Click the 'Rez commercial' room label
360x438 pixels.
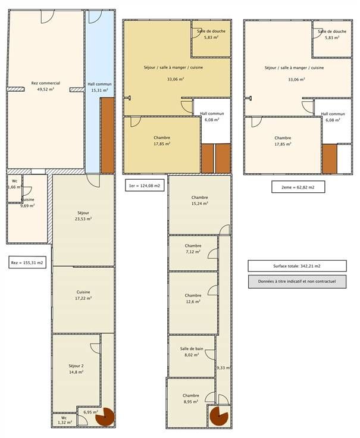point(46,83)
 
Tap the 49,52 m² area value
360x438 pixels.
point(46,89)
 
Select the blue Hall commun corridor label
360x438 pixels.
point(99,84)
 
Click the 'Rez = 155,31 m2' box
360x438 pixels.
point(27,262)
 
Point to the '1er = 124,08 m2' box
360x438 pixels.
point(145,186)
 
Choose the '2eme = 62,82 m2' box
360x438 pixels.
point(298,187)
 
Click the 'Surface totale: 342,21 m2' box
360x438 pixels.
point(297,266)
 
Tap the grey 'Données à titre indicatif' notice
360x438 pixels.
point(297,281)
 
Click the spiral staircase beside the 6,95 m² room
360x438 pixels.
point(105,417)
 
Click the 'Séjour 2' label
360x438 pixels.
point(76,366)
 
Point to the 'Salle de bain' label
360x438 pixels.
point(192,349)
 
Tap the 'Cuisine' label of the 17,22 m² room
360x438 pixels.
point(83,292)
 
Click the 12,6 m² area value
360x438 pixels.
point(193,302)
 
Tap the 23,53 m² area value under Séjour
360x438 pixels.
point(83,219)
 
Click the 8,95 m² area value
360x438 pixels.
point(191,402)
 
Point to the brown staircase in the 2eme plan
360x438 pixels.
point(329,159)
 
